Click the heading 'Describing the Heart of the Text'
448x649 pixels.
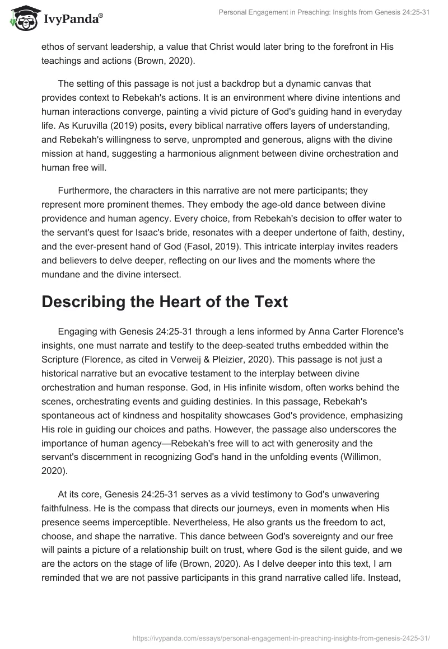coord(165,302)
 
